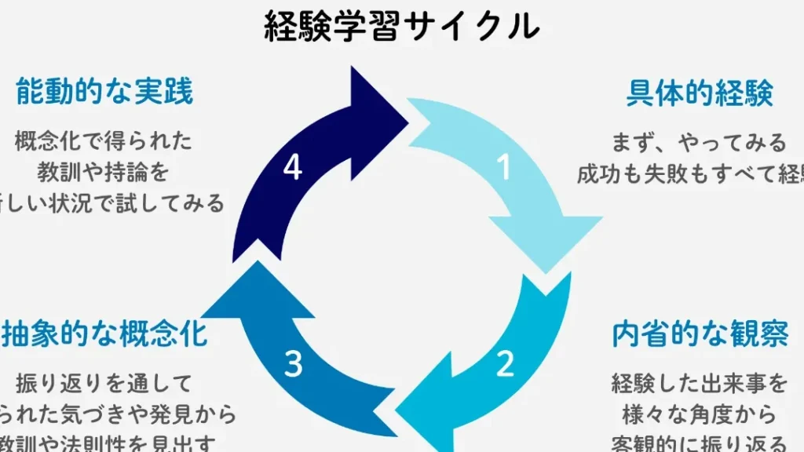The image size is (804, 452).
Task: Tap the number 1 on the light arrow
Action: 503,166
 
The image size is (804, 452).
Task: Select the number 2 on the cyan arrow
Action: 505,363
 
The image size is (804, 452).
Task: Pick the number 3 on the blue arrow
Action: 293,363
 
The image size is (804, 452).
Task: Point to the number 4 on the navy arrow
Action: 292,167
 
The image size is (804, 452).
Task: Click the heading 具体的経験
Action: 700,93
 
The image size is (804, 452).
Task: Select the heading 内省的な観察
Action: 700,334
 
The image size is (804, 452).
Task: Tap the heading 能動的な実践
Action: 104,93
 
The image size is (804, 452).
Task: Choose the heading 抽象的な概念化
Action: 105,334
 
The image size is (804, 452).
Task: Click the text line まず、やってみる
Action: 699,143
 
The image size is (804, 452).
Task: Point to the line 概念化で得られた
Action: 104,141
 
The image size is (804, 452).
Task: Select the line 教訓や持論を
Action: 104,172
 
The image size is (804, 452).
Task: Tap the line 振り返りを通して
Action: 104,384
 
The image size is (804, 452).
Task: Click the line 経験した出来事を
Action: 699,384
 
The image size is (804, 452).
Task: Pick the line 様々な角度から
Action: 699,414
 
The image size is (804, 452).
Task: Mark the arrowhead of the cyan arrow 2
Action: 424,416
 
